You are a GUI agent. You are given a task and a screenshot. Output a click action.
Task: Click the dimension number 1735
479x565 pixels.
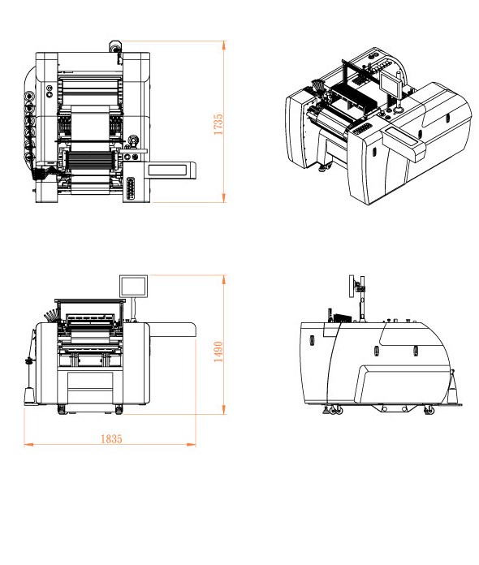(x=218, y=125)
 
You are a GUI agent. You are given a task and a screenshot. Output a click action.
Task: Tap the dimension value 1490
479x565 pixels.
(x=218, y=352)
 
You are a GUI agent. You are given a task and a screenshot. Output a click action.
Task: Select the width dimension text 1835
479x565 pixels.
(x=111, y=439)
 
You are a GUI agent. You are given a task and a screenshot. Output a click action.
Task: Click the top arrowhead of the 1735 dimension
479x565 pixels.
(x=224, y=45)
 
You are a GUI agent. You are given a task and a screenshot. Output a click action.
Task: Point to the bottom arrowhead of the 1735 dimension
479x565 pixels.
(x=224, y=198)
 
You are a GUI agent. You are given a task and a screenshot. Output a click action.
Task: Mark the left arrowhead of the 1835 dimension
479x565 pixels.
(x=28, y=445)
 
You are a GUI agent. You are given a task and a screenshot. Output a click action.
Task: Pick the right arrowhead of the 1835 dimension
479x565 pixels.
(x=192, y=445)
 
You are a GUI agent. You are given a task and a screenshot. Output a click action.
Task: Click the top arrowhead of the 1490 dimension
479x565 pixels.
(x=224, y=279)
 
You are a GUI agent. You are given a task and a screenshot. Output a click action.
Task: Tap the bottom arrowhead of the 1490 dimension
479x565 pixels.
(x=224, y=410)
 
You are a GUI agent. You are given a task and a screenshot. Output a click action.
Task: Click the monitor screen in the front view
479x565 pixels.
(x=134, y=286)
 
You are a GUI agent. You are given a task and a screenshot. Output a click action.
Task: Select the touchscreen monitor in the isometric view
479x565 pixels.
(x=391, y=83)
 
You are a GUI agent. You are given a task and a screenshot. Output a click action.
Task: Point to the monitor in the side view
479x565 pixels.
(x=352, y=287)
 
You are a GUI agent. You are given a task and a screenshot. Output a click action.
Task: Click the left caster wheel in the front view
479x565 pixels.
(x=62, y=409)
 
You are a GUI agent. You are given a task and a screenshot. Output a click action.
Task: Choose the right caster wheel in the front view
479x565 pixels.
(x=119, y=409)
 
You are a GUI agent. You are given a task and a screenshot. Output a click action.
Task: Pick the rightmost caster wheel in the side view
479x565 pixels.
(x=429, y=409)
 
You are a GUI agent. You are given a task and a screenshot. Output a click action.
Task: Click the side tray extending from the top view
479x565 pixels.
(x=170, y=170)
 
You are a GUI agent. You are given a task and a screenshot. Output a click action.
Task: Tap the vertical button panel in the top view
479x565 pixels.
(x=130, y=188)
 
